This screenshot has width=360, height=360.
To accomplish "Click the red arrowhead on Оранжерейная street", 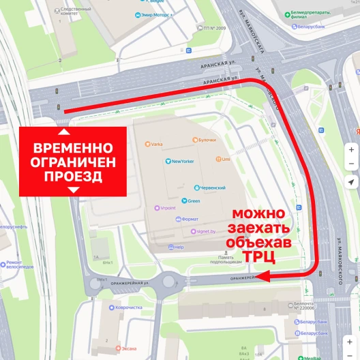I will (x=263, y=275).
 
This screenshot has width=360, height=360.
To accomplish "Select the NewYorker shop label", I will (x=184, y=161).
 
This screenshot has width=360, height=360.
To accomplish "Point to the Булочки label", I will (x=205, y=140).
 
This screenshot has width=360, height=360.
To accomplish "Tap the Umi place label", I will (x=224, y=159).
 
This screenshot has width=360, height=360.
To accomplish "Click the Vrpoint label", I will (x=167, y=208).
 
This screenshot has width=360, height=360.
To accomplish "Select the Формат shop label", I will (x=190, y=219).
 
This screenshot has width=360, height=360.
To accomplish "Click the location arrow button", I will (x=351, y=181).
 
